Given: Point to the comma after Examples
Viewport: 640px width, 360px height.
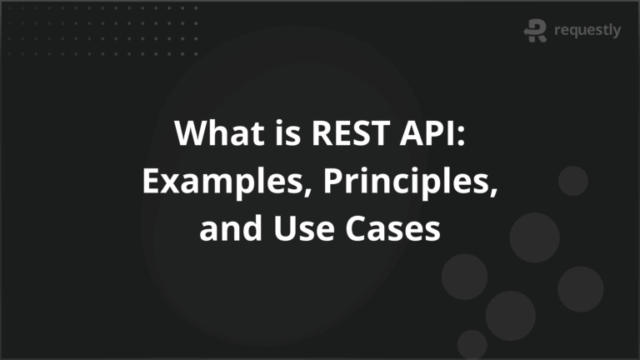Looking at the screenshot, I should tap(292, 190).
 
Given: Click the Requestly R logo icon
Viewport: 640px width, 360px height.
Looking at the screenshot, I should tap(535, 30).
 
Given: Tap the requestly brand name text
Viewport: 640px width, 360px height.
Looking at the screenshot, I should tap(587, 31).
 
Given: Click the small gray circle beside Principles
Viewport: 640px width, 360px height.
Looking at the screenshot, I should tap(572, 180).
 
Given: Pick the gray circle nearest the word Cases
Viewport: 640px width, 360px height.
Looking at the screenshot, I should tap(464, 276).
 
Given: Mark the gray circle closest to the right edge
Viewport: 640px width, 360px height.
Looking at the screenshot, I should tap(580, 288).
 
